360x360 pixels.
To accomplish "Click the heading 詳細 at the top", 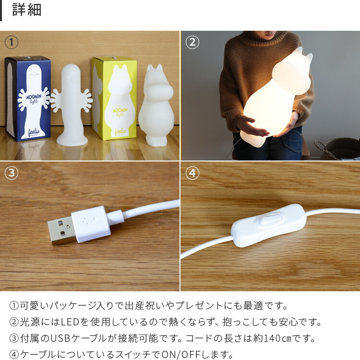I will pos(26,10).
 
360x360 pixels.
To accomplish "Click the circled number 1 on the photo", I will pos(12,42).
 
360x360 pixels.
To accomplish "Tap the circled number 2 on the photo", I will pos(192,42).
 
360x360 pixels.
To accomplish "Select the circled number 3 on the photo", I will pos(12,173).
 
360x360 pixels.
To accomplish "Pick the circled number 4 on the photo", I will pos(192,173).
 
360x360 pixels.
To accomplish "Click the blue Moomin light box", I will pos(28,99).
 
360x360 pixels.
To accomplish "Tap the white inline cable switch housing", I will pos(269,225).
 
